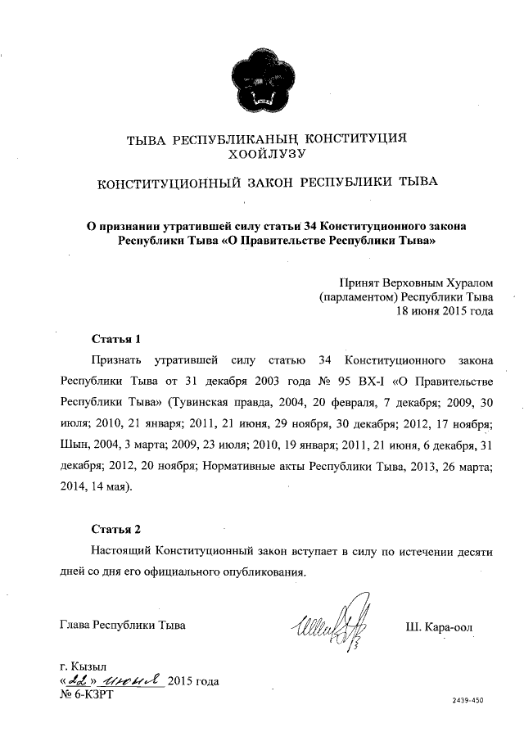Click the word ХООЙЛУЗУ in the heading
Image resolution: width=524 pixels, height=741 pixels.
click(261, 152)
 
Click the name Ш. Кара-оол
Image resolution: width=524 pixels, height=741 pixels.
click(439, 627)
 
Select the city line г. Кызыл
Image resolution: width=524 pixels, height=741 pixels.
click(84, 666)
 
